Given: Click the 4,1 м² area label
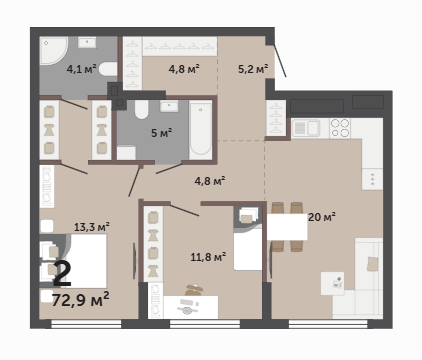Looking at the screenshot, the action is (x=81, y=69).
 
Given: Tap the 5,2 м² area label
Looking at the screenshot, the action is (x=253, y=69).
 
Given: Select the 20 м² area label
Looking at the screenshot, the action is (x=322, y=217).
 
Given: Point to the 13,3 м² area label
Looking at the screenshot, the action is (x=92, y=227).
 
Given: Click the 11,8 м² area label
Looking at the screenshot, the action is (x=208, y=257).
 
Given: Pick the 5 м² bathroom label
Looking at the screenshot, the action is (x=161, y=133).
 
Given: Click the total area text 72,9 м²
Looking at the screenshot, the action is (x=81, y=299).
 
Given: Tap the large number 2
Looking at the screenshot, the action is (x=62, y=274).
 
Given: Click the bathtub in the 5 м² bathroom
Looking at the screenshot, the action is (x=200, y=131).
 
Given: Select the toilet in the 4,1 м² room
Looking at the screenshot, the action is (x=108, y=69).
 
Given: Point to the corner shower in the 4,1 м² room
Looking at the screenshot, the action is (x=53, y=50).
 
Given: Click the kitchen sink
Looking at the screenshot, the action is (x=306, y=128).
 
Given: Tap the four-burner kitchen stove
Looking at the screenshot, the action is (x=340, y=128).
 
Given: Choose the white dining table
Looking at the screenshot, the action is (x=287, y=227).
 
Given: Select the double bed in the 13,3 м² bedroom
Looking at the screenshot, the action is (x=85, y=261).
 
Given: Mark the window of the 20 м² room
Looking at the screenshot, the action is (x=328, y=324).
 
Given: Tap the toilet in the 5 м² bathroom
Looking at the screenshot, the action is (x=141, y=109).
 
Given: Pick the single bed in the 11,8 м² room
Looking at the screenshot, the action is (x=248, y=247).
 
